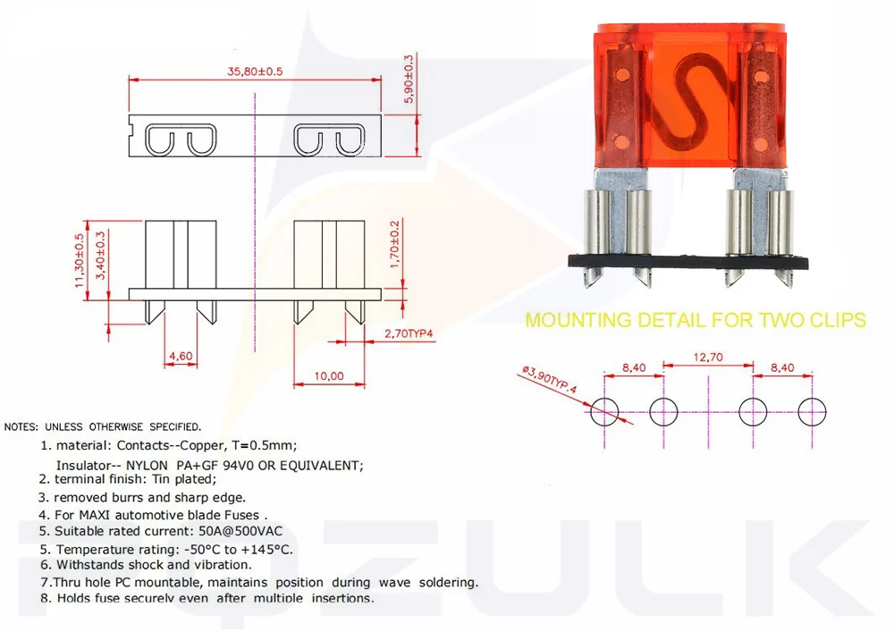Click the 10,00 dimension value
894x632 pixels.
(x=331, y=376)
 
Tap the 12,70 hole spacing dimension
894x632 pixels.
(x=707, y=358)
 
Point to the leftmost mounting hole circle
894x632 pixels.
(x=605, y=412)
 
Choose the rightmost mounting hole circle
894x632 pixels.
(x=813, y=412)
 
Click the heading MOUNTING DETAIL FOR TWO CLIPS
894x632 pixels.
(x=695, y=320)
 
